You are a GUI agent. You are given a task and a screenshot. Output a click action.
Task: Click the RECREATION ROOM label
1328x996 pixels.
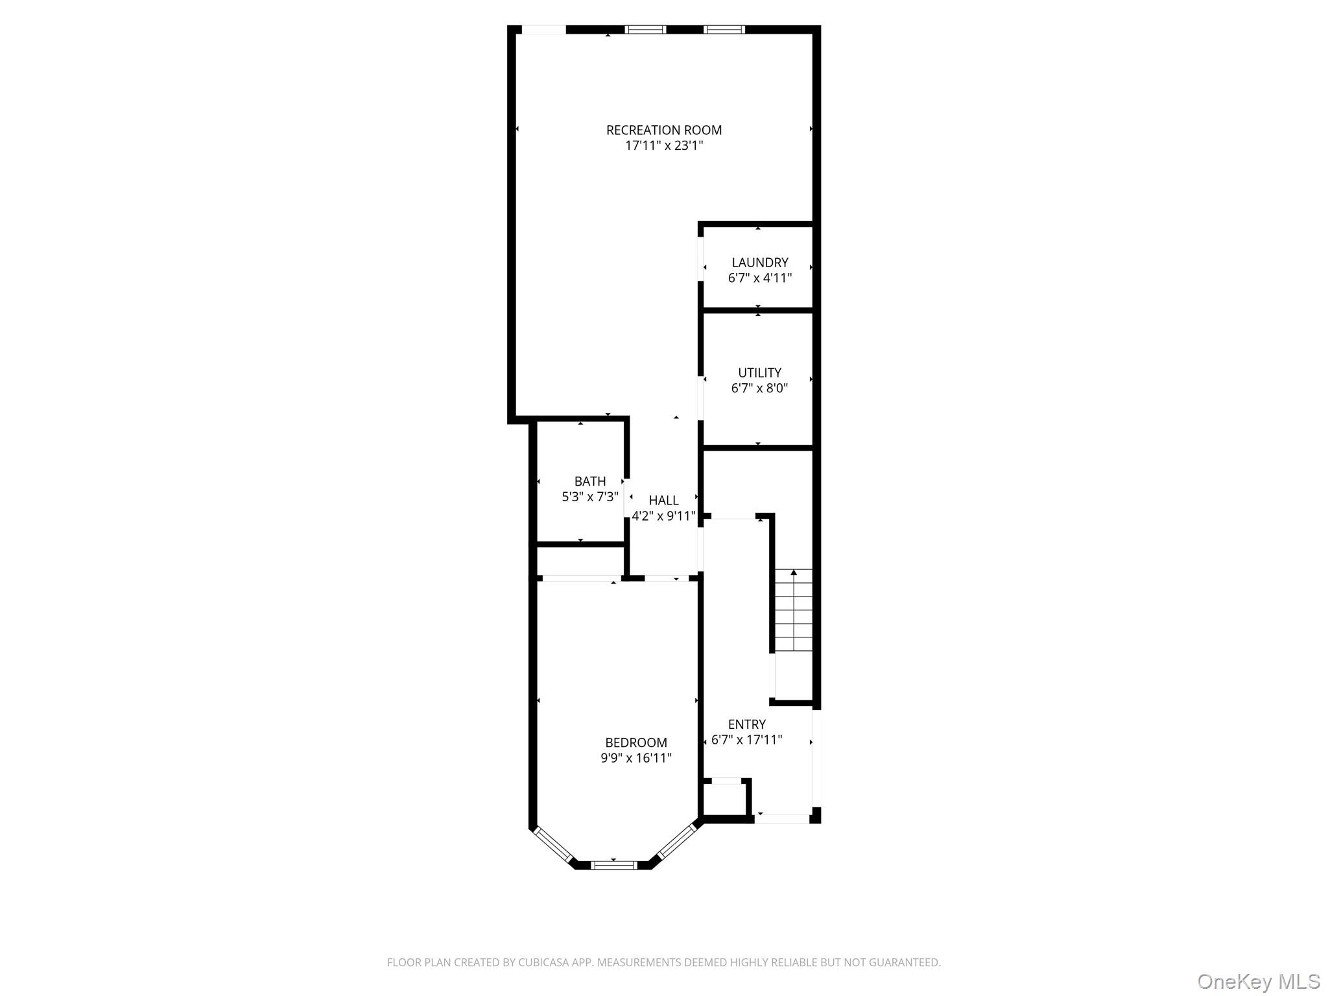pyautogui.click(x=663, y=130)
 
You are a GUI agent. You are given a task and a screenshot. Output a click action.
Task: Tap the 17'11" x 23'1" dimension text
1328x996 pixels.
pyautogui.click(x=663, y=146)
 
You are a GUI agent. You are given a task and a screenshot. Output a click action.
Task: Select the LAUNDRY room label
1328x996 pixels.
pyautogui.click(x=759, y=263)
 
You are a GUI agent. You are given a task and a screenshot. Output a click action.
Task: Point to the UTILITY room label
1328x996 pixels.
pyautogui.click(x=759, y=373)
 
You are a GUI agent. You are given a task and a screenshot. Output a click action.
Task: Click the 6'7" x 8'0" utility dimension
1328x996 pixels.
pyautogui.click(x=759, y=388)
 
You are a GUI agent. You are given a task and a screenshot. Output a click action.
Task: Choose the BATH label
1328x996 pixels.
pyautogui.click(x=590, y=481)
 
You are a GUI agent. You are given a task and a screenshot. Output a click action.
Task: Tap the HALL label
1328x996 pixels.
pyautogui.click(x=663, y=500)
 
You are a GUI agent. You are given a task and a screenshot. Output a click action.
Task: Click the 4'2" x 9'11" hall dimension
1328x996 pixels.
pyautogui.click(x=663, y=516)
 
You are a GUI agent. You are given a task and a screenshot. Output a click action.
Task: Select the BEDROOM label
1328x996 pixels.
pyautogui.click(x=635, y=742)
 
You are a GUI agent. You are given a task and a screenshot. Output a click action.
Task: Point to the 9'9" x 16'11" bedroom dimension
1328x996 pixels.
pyautogui.click(x=635, y=758)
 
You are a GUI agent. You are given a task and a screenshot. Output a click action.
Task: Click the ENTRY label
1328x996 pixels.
pyautogui.click(x=746, y=724)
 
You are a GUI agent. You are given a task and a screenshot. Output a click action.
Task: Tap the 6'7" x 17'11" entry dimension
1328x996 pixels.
pyautogui.click(x=746, y=740)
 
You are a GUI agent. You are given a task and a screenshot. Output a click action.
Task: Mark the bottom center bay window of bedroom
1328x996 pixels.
pyautogui.click(x=613, y=864)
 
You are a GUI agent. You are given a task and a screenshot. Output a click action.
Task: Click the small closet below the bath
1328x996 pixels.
pyautogui.click(x=580, y=561)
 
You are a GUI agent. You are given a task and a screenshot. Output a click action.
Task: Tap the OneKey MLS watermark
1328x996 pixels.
pyautogui.click(x=1258, y=981)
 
